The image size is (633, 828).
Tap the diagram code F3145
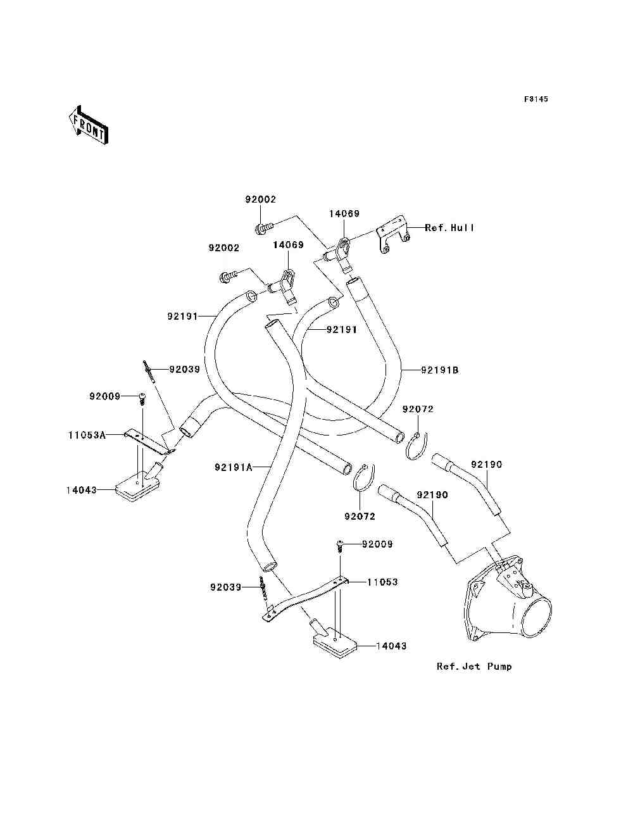536,99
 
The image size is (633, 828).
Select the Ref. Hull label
449,228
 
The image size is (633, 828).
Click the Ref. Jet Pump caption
474,667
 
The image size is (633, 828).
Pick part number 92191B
439,370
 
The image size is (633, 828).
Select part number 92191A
234,468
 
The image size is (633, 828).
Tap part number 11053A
87,436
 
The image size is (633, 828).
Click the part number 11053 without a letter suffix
382,582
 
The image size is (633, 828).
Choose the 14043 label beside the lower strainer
391,646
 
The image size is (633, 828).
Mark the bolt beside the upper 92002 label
263,226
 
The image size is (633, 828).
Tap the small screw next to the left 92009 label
142,399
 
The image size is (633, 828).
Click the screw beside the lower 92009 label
340,546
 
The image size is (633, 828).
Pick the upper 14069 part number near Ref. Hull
344,215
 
